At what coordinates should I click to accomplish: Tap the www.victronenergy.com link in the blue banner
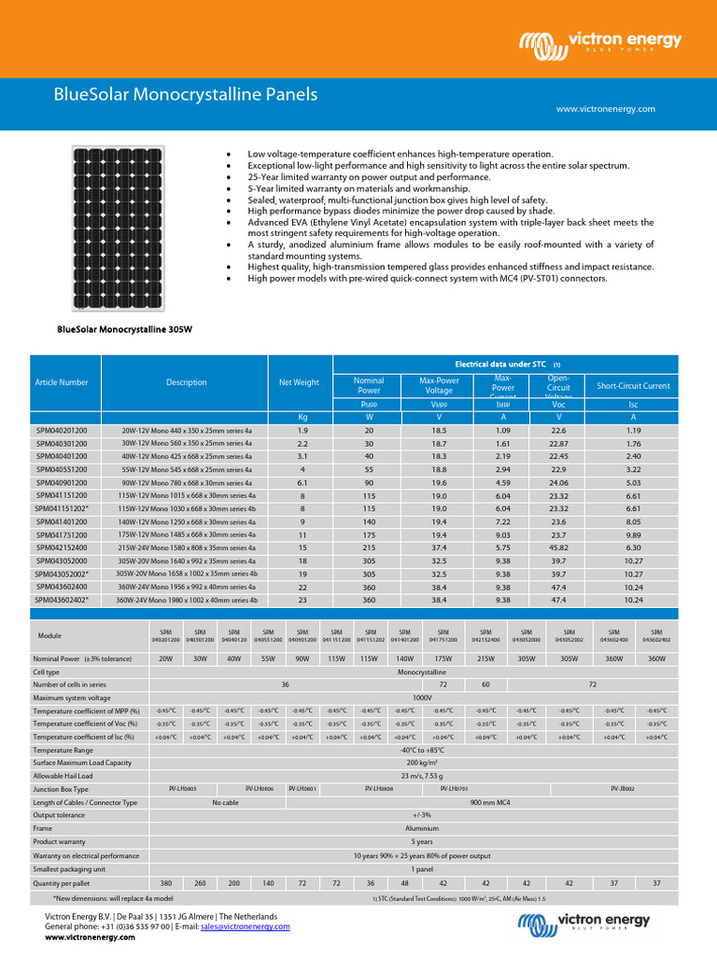click(605, 109)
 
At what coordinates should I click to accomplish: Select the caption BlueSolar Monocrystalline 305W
click(124, 329)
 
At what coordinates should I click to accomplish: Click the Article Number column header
click(61, 382)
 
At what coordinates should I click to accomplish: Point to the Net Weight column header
click(299, 382)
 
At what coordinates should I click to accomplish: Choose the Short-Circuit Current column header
click(633, 385)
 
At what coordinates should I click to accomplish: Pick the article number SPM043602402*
click(62, 601)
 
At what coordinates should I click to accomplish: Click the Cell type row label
click(47, 671)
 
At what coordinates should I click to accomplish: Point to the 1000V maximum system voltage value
click(422, 697)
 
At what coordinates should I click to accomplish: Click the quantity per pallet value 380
click(166, 881)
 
